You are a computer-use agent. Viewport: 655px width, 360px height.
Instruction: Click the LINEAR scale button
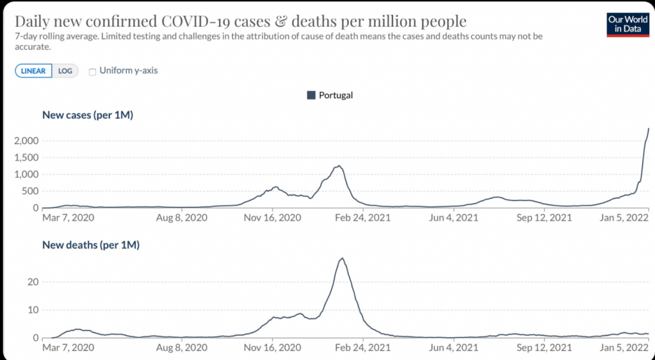tap(33, 71)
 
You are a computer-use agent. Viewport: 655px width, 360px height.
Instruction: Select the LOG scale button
tap(65, 71)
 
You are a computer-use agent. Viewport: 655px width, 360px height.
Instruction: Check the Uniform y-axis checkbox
tap(93, 71)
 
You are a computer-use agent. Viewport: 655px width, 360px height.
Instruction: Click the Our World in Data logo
tap(627, 24)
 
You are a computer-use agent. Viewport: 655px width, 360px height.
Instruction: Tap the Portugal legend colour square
tap(311, 95)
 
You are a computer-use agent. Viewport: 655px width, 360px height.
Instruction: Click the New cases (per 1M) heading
tap(87, 115)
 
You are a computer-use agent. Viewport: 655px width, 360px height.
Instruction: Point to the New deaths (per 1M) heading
tap(90, 245)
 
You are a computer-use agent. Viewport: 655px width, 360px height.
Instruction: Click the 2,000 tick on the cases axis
tap(26, 140)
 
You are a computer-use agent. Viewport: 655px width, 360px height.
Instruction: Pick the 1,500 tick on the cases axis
tap(26, 158)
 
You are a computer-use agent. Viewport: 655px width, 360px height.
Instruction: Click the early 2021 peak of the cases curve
tap(338, 167)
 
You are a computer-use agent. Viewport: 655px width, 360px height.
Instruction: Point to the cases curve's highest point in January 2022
tap(649, 129)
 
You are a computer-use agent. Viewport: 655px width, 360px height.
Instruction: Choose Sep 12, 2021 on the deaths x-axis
tap(544, 348)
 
